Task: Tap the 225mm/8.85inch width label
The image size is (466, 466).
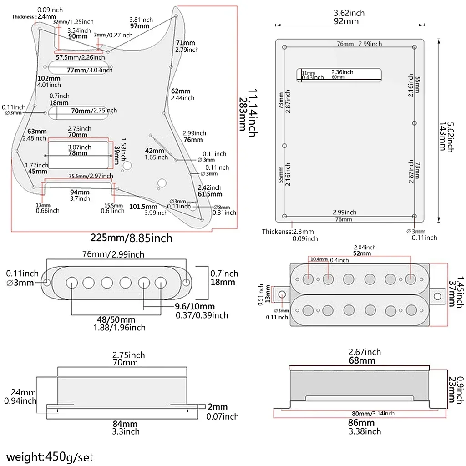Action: click(x=131, y=238)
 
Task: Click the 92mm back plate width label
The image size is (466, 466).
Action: click(x=349, y=21)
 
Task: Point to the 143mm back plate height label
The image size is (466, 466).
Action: click(x=442, y=137)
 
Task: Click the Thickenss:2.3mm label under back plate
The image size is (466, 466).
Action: click(x=288, y=232)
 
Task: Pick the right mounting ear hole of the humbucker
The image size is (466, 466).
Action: click(x=437, y=296)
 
